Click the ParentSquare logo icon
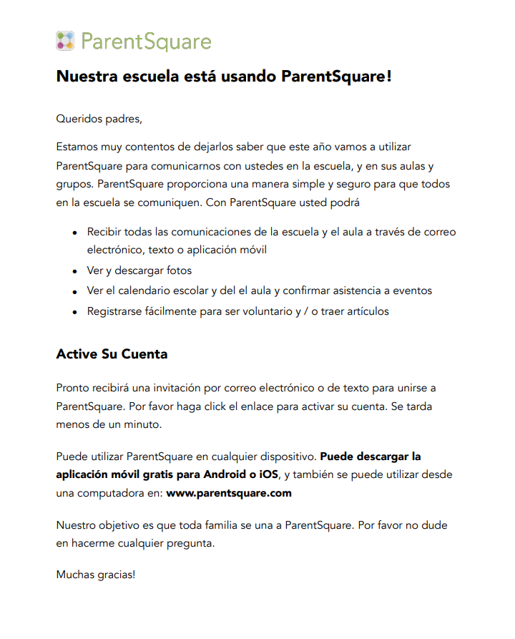point(65,41)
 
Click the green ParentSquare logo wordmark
point(146,42)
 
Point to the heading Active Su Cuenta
point(112,354)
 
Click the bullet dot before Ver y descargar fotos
point(75,272)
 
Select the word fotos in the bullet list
point(178,271)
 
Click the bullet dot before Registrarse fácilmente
point(75,313)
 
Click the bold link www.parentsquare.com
point(229,493)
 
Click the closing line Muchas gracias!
point(95,574)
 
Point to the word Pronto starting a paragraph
point(73,388)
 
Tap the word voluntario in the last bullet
point(265,312)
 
